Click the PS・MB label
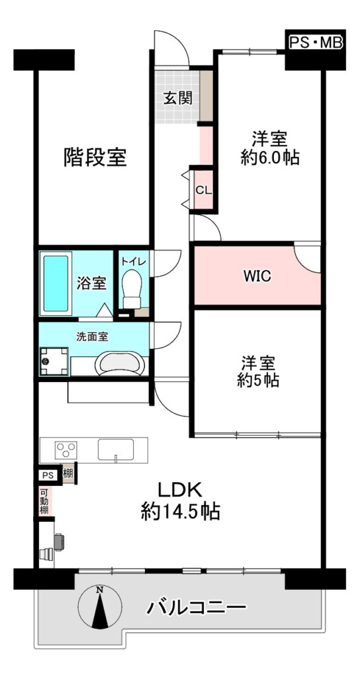tap(316, 43)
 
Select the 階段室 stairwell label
tap(95, 157)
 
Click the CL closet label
tap(204, 190)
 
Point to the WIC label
tap(257, 276)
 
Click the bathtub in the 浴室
tap(56, 283)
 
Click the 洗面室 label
tap(92, 337)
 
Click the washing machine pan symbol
tap(54, 361)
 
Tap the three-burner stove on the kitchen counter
tap(66, 449)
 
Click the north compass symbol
tap(100, 606)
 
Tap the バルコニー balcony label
tap(196, 608)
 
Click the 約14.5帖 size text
tap(180, 512)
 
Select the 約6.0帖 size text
tap(270, 158)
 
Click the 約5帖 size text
tap(258, 380)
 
